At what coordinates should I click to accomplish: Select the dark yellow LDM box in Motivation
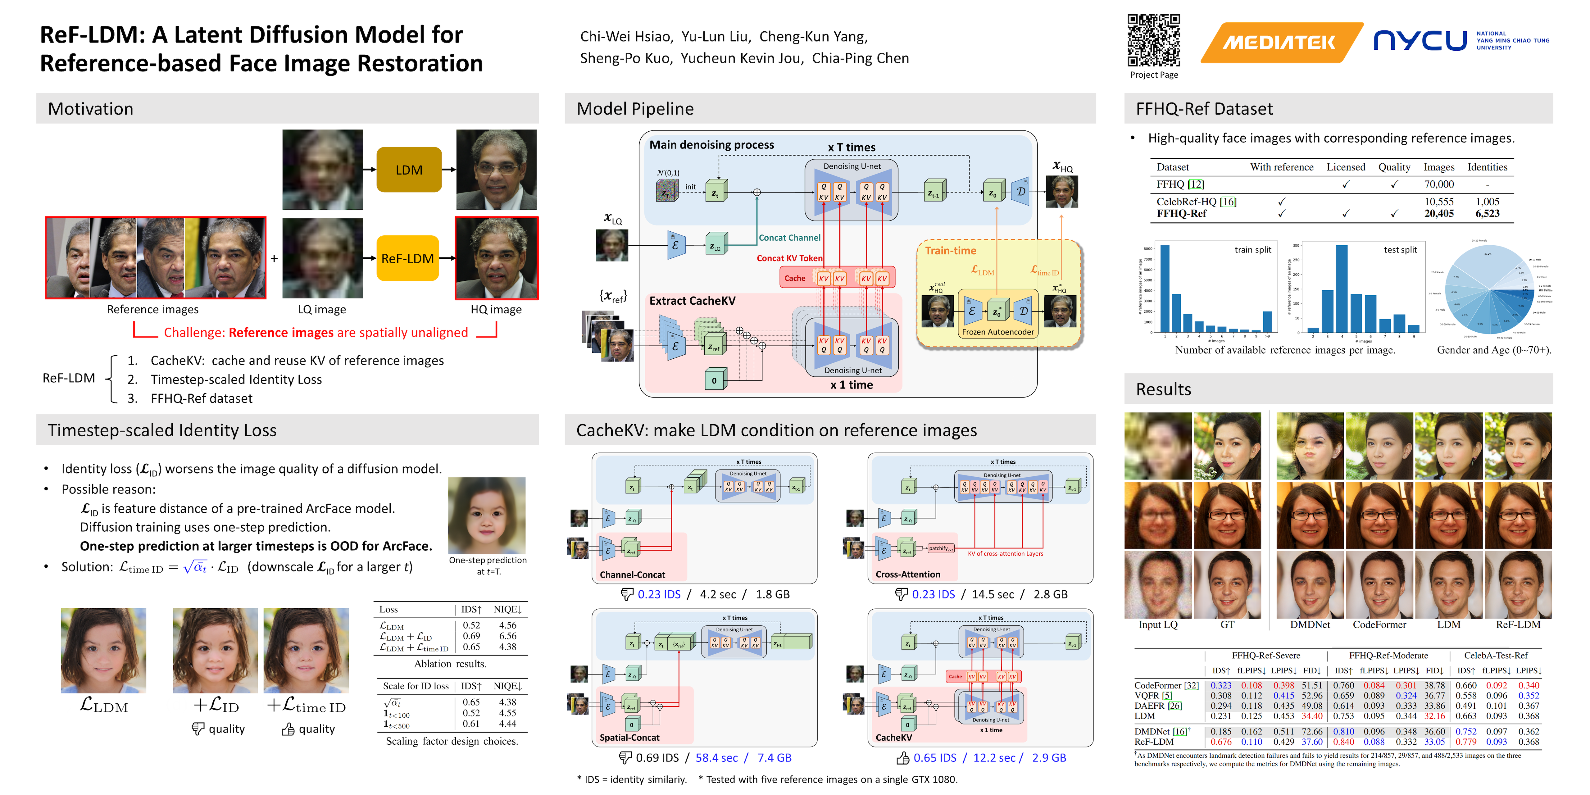pos(409,170)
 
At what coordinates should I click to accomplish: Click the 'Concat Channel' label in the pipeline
pos(789,238)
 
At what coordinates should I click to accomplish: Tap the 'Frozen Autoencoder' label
pos(997,332)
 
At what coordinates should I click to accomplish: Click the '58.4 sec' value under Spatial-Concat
pos(716,758)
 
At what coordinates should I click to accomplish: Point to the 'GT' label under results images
pos(1227,625)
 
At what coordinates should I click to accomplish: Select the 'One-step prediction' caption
pos(488,561)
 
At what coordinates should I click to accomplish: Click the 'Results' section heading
pos(1164,389)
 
